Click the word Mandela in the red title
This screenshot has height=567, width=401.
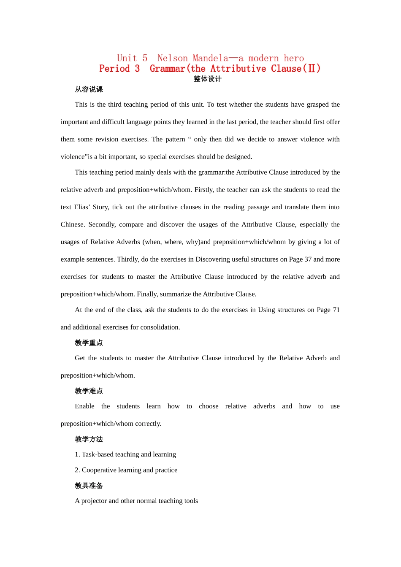coord(210,58)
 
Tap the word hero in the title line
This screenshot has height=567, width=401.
coord(294,58)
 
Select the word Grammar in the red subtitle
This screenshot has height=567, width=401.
coord(168,69)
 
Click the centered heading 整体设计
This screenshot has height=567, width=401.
coord(207,79)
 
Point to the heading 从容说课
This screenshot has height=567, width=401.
coord(89,89)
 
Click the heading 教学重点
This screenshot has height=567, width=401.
coord(89,343)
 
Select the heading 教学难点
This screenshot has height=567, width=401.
coord(89,391)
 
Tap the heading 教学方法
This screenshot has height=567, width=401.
coord(89,439)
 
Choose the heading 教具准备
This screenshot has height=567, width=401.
coord(89,486)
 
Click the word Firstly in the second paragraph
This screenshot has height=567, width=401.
coord(204,190)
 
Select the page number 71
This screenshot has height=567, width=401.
coord(336,310)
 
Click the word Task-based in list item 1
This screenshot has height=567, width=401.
coord(99,454)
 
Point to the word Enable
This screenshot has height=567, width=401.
coord(84,406)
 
